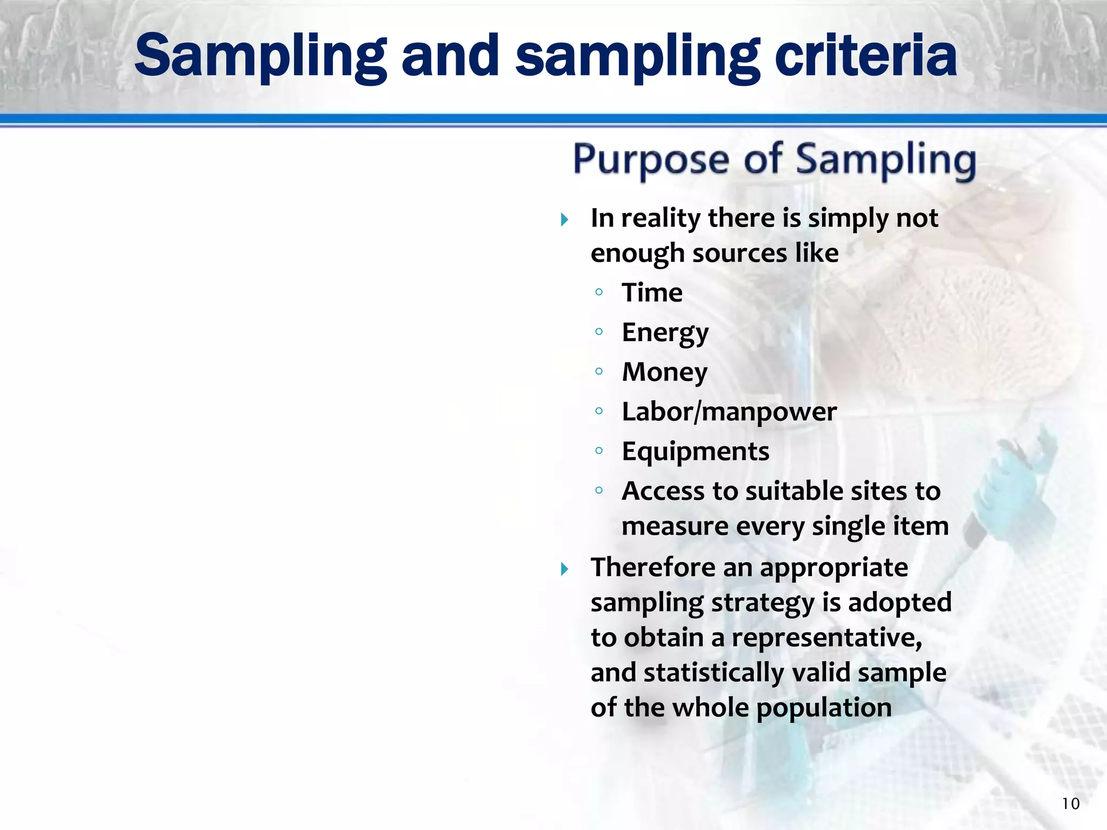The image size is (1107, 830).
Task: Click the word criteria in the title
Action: pos(865,56)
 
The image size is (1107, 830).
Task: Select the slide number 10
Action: pos(1070,804)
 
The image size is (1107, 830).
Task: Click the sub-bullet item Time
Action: pos(652,293)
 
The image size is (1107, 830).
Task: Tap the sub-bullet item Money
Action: pos(664,372)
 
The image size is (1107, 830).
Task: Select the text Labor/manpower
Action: pos(729,412)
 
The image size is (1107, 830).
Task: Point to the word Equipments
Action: pos(695,452)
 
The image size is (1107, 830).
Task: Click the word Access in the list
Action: pos(663,491)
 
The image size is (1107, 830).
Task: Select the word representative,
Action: pos(826,638)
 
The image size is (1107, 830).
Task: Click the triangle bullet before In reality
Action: pos(564,219)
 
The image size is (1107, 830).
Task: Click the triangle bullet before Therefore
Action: pos(564,568)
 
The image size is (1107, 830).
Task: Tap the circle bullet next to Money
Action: pos(598,371)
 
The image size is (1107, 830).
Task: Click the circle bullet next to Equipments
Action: pos(598,451)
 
